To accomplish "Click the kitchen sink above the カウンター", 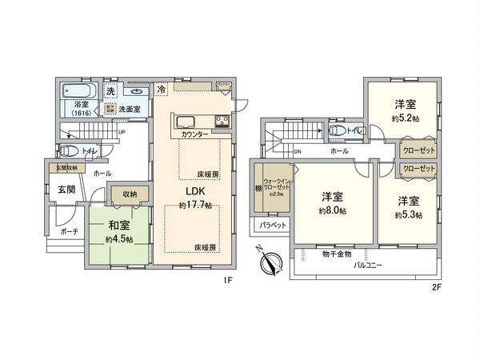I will pos(186,122).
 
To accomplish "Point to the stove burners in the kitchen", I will pos(220,122).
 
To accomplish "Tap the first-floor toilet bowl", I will pos(69,150).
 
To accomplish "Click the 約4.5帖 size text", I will pos(119,239).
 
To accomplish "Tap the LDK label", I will pos(197,192).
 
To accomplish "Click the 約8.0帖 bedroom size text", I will pos(332,211).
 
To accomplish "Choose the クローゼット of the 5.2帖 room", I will pos(418,150).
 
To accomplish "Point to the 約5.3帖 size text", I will pos(408,214).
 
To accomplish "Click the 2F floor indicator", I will pos(437,286).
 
